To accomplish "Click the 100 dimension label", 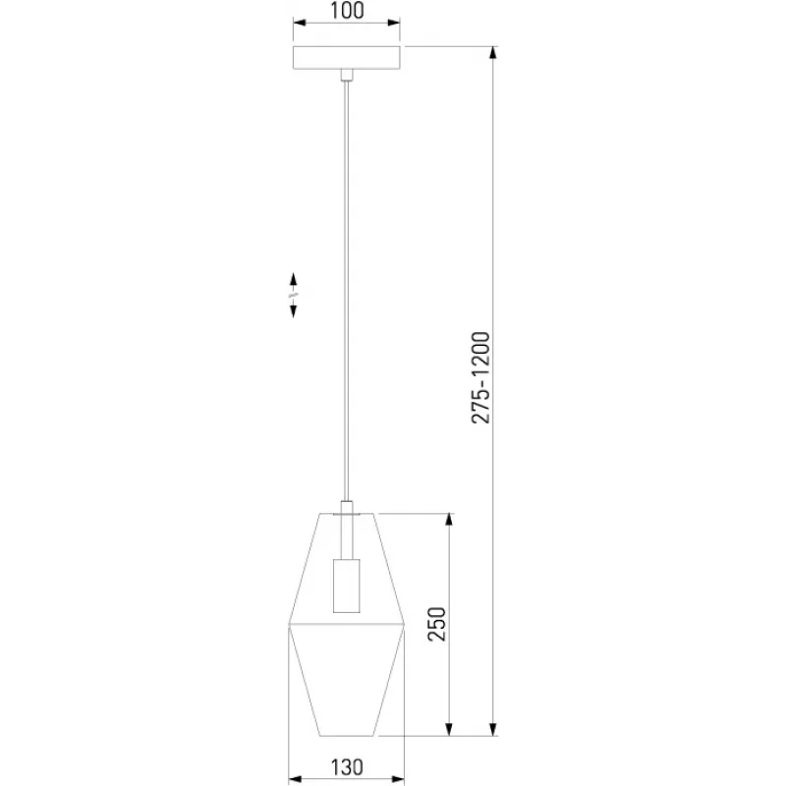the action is [x=347, y=11].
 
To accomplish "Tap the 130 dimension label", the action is [x=347, y=767].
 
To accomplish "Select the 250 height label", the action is [x=436, y=624].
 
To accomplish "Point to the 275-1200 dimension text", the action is [x=480, y=377].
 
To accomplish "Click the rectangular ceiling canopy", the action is [x=347, y=58].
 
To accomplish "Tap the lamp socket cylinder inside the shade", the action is [x=347, y=586].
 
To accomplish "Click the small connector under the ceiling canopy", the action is [x=347, y=75].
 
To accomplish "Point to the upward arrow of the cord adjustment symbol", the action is [x=293, y=280].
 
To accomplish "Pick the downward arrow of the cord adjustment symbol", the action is [x=293, y=310].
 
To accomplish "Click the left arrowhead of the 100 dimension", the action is [x=300, y=23].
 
